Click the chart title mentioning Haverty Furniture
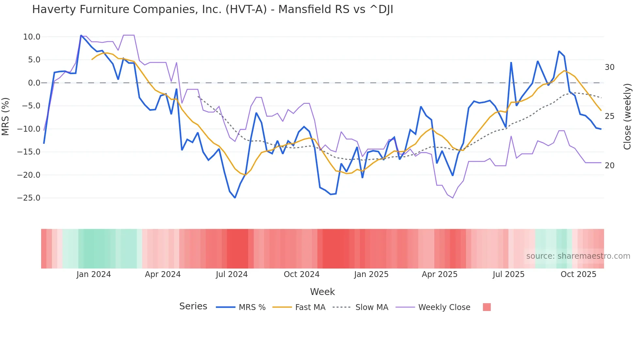213,9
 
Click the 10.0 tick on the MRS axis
32,37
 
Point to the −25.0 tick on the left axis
29,198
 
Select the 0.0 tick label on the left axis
34,83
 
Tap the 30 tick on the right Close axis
609,67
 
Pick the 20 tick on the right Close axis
609,166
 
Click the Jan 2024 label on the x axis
94,274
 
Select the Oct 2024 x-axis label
301,274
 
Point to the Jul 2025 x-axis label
508,274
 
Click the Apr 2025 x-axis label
440,274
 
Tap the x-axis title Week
322,292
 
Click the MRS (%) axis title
6,117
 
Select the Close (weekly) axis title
627,117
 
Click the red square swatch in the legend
487,307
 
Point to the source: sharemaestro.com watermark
578,256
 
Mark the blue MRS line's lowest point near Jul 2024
235,198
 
